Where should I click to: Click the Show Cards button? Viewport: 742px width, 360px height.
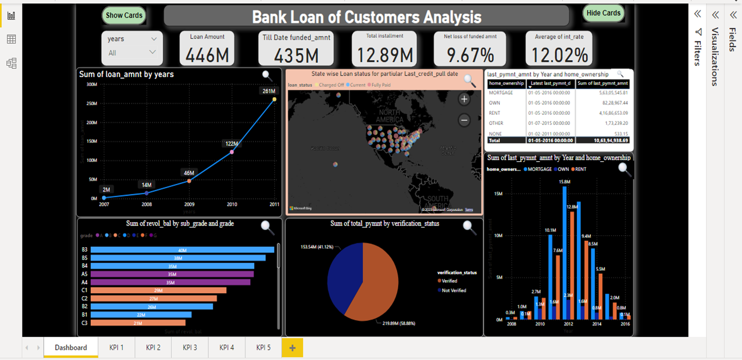(x=124, y=15)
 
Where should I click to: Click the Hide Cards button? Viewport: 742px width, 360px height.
(x=604, y=13)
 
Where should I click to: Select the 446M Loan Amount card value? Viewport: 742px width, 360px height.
(x=207, y=54)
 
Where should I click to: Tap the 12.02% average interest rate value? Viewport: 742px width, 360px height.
(x=559, y=54)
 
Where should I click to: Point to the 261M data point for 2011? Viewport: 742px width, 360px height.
(x=274, y=99)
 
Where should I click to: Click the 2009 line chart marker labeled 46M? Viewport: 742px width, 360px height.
(x=189, y=181)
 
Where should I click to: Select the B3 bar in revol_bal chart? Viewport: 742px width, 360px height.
(x=182, y=250)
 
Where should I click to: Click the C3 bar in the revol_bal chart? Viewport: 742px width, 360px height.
(x=138, y=323)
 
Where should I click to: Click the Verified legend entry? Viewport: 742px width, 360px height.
(x=449, y=281)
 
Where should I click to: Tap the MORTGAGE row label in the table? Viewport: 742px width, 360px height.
(x=501, y=93)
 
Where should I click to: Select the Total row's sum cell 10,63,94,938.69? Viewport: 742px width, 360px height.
(x=603, y=141)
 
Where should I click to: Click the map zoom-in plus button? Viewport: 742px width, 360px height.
(x=464, y=99)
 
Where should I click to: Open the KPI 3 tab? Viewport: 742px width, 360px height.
(x=190, y=347)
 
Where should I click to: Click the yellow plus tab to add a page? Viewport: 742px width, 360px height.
(x=292, y=347)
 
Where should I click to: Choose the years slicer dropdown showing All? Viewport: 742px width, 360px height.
(x=132, y=52)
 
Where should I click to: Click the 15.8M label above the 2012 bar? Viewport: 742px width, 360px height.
(x=564, y=182)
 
